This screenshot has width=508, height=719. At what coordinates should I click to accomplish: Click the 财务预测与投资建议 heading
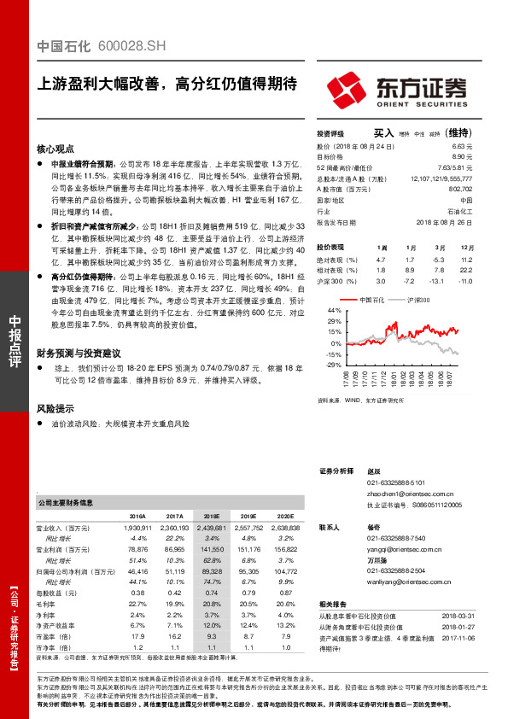[x=79, y=352]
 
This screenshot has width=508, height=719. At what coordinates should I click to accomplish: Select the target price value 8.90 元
[x=463, y=157]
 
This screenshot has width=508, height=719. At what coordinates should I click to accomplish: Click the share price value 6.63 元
[x=463, y=147]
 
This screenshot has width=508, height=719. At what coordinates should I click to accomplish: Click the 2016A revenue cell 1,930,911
[x=139, y=529]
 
